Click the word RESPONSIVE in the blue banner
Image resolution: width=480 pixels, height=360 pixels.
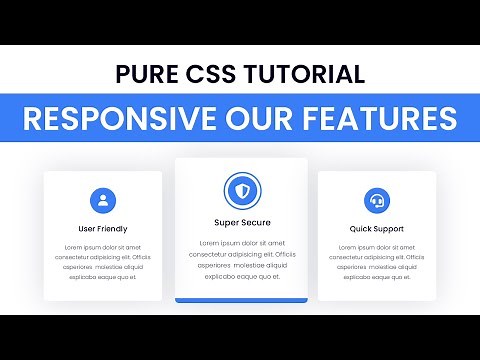click(121, 118)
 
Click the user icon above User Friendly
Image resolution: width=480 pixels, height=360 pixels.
click(102, 200)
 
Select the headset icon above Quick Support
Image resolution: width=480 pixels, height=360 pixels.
click(376, 200)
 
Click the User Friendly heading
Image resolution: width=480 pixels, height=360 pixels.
click(102, 229)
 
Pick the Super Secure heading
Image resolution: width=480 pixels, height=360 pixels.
click(241, 222)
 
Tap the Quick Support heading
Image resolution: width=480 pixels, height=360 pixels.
click(376, 229)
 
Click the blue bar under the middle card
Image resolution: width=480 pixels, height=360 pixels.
click(241, 299)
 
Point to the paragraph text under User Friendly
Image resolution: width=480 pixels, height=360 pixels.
click(102, 262)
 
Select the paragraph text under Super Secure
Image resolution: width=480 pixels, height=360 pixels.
click(241, 260)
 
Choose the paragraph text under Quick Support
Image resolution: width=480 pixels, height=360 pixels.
click(376, 262)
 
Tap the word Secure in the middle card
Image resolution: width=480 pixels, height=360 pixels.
click(256, 222)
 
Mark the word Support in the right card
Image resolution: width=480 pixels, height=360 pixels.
click(388, 229)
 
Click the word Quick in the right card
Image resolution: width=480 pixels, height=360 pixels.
click(360, 229)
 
